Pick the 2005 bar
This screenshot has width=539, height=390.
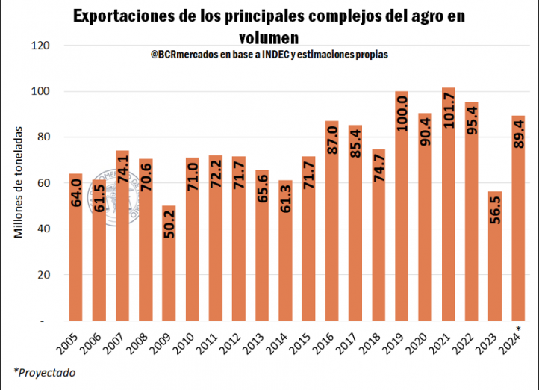click(76, 247)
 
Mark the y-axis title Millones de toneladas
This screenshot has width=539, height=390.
click(19, 183)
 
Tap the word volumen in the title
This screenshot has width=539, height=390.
click(269, 37)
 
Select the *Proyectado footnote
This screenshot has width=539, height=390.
click(43, 372)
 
